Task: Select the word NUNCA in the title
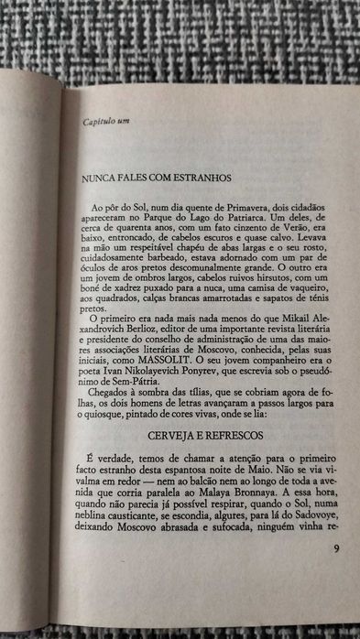98,178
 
